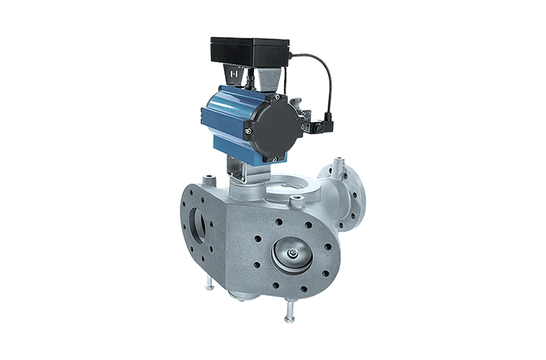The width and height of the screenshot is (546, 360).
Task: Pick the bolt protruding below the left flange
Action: click(x=209, y=283)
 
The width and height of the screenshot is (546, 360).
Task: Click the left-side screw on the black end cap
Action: click(x=247, y=130)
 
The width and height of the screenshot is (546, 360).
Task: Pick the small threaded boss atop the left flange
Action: click(x=209, y=178)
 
